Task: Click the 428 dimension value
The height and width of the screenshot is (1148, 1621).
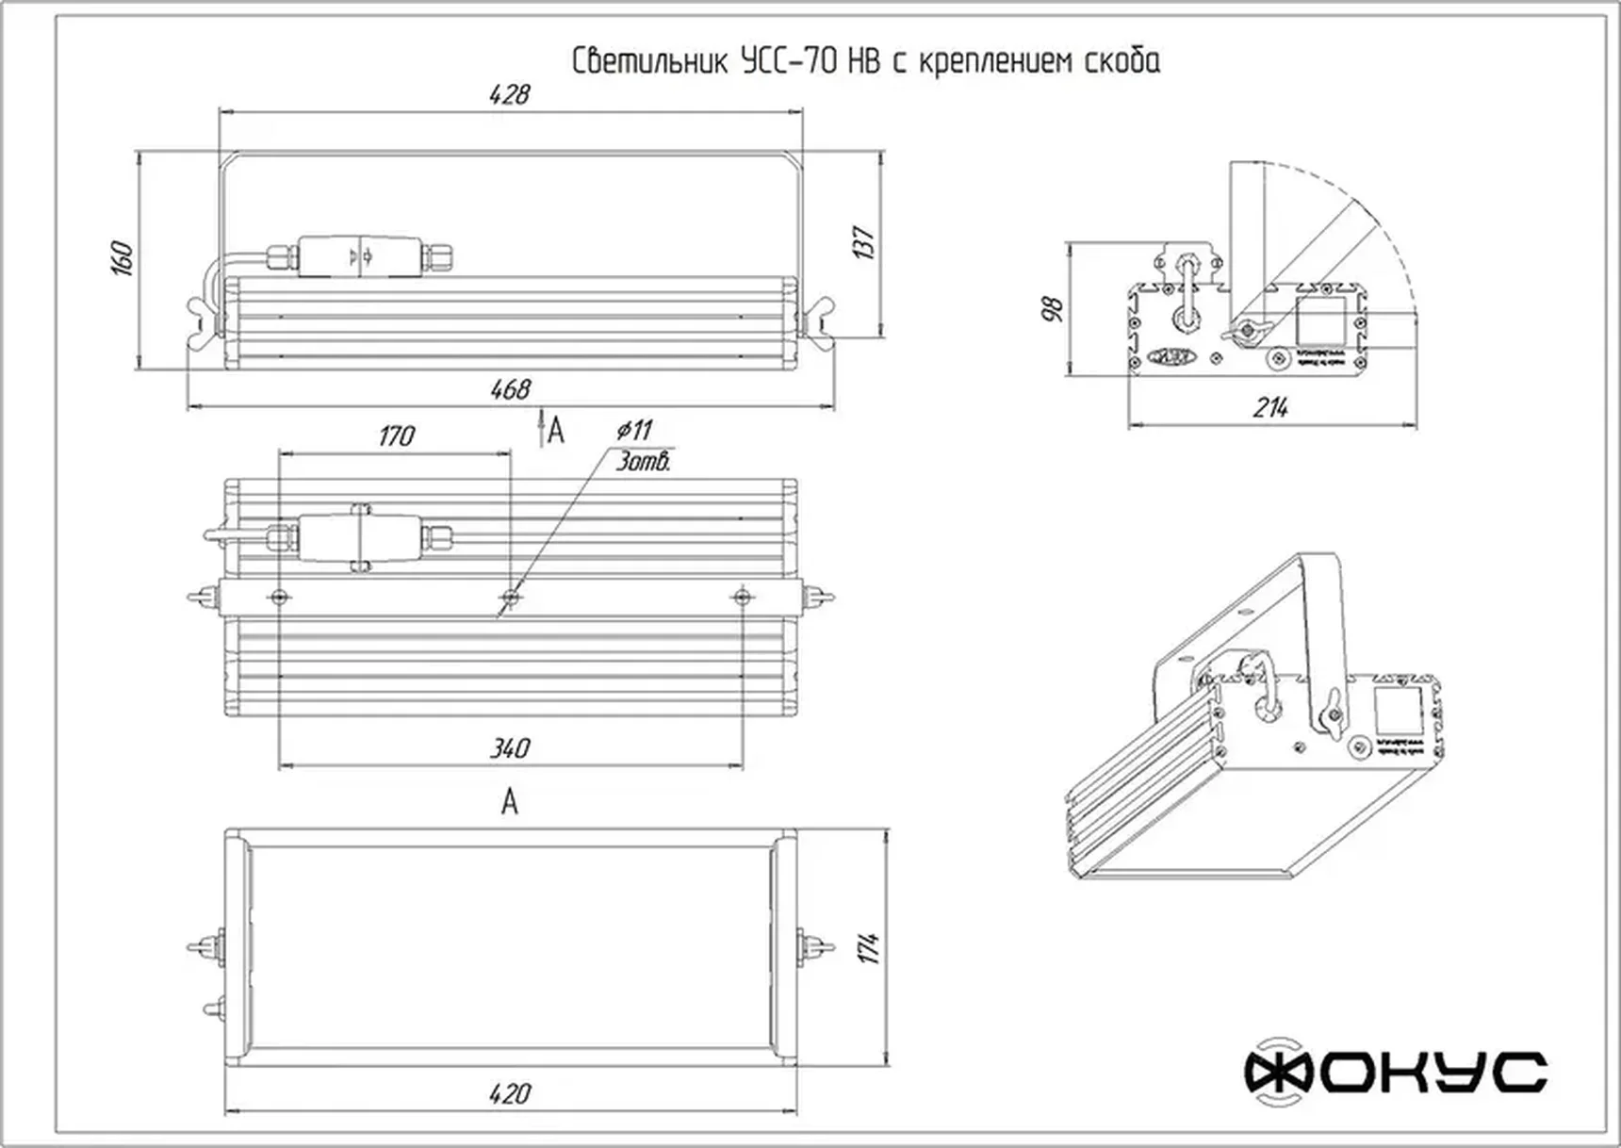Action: click(x=509, y=94)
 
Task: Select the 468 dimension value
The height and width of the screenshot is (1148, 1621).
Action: click(x=510, y=389)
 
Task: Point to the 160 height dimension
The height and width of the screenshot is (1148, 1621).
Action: click(x=123, y=258)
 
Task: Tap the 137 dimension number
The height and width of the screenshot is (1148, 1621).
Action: click(x=863, y=242)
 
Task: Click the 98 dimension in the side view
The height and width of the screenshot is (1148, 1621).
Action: click(x=1053, y=308)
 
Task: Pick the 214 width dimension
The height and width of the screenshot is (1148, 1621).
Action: click(x=1270, y=408)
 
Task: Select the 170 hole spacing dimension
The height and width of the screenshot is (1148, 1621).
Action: click(x=396, y=436)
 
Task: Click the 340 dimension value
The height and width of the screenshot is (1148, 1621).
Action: click(x=509, y=749)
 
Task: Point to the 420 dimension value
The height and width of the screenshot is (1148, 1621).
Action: click(x=509, y=1094)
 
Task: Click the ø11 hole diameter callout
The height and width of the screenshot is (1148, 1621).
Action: click(x=634, y=431)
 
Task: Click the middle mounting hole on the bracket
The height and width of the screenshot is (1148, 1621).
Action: click(x=510, y=597)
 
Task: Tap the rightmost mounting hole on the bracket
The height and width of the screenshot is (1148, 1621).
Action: click(x=742, y=597)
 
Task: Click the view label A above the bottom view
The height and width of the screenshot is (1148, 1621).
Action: click(x=509, y=802)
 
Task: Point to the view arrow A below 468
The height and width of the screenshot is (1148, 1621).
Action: click(x=554, y=431)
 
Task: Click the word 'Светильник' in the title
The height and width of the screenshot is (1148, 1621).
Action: click(x=649, y=62)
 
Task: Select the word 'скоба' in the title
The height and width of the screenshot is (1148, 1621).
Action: click(x=1121, y=62)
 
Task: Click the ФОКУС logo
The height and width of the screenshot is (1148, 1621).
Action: click(x=1395, y=1072)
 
